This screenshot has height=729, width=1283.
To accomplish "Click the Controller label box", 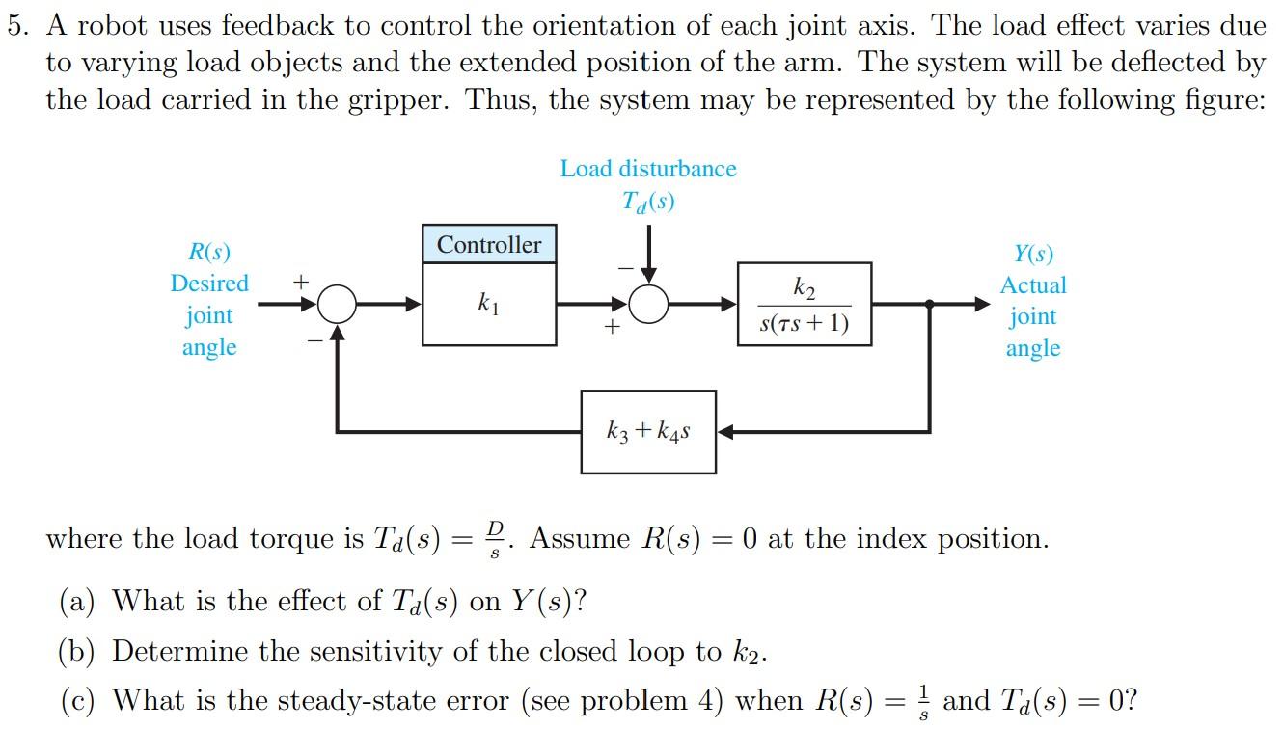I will [x=489, y=244].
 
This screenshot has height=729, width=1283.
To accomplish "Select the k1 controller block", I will [x=489, y=305].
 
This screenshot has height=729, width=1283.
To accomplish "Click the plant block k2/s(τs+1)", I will [x=805, y=304].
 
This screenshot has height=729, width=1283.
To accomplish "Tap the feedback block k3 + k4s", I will [x=648, y=432].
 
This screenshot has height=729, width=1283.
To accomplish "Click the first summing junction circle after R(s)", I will [x=337, y=305].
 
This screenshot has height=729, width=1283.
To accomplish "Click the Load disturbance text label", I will [x=647, y=169].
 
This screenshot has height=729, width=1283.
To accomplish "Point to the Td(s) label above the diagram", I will [x=647, y=202].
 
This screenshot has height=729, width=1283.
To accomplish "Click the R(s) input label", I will [x=209, y=253].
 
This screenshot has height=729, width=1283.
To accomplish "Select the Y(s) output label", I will [x=1033, y=254].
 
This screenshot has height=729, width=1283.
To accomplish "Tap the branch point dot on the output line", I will [x=929, y=305].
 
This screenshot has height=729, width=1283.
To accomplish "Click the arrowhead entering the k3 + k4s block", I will [x=725, y=432].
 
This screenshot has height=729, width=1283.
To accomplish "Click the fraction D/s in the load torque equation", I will [x=496, y=538].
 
